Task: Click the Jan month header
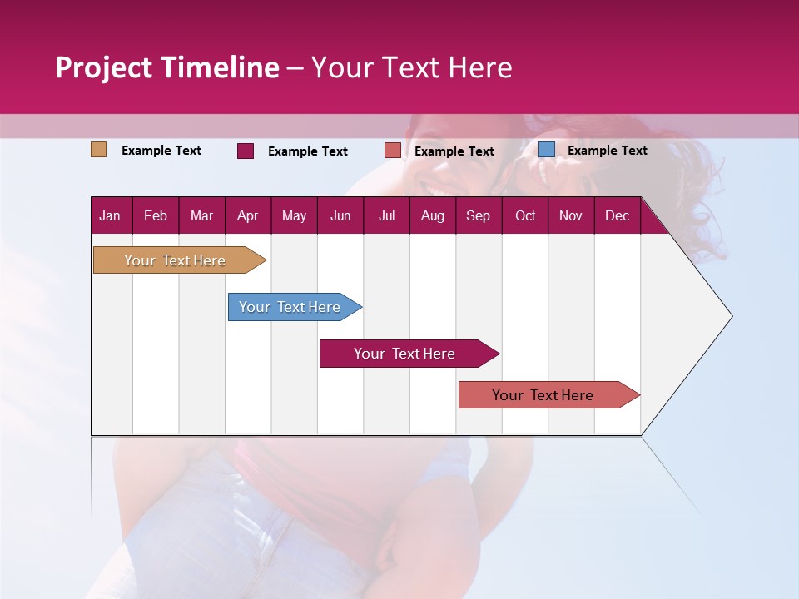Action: (110, 216)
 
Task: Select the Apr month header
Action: (248, 216)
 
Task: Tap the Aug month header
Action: (433, 216)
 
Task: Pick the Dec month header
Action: (618, 216)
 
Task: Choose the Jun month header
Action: (340, 216)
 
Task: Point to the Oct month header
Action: (525, 216)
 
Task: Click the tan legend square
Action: (98, 150)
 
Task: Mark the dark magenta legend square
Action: (245, 151)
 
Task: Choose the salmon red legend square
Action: (393, 151)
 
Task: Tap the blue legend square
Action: (546, 150)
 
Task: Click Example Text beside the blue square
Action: (608, 151)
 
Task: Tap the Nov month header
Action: (571, 216)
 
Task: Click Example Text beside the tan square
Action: (161, 151)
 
